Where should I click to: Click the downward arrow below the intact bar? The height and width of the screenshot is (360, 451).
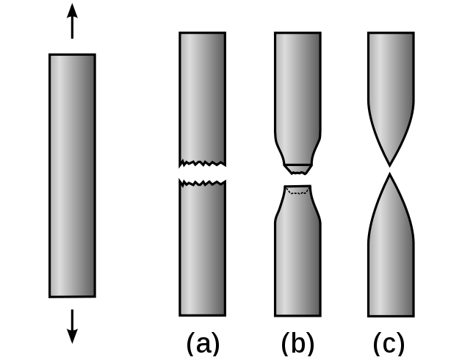72,326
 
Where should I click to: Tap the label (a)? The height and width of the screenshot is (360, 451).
203,343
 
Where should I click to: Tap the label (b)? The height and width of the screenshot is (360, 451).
297,343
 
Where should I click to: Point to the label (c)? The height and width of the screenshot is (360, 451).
390,343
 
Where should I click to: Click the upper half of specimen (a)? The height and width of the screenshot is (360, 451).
202,96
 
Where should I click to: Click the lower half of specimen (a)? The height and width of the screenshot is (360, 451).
202,250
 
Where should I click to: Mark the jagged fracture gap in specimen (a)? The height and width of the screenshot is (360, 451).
202,173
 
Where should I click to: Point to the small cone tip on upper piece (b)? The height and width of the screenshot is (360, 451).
297,168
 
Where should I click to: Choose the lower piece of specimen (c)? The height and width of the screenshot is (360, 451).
390,257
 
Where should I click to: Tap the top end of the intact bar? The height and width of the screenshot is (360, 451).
72,55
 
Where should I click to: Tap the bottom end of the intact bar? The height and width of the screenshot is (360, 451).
72,295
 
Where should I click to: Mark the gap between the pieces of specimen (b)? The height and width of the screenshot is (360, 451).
297,179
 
